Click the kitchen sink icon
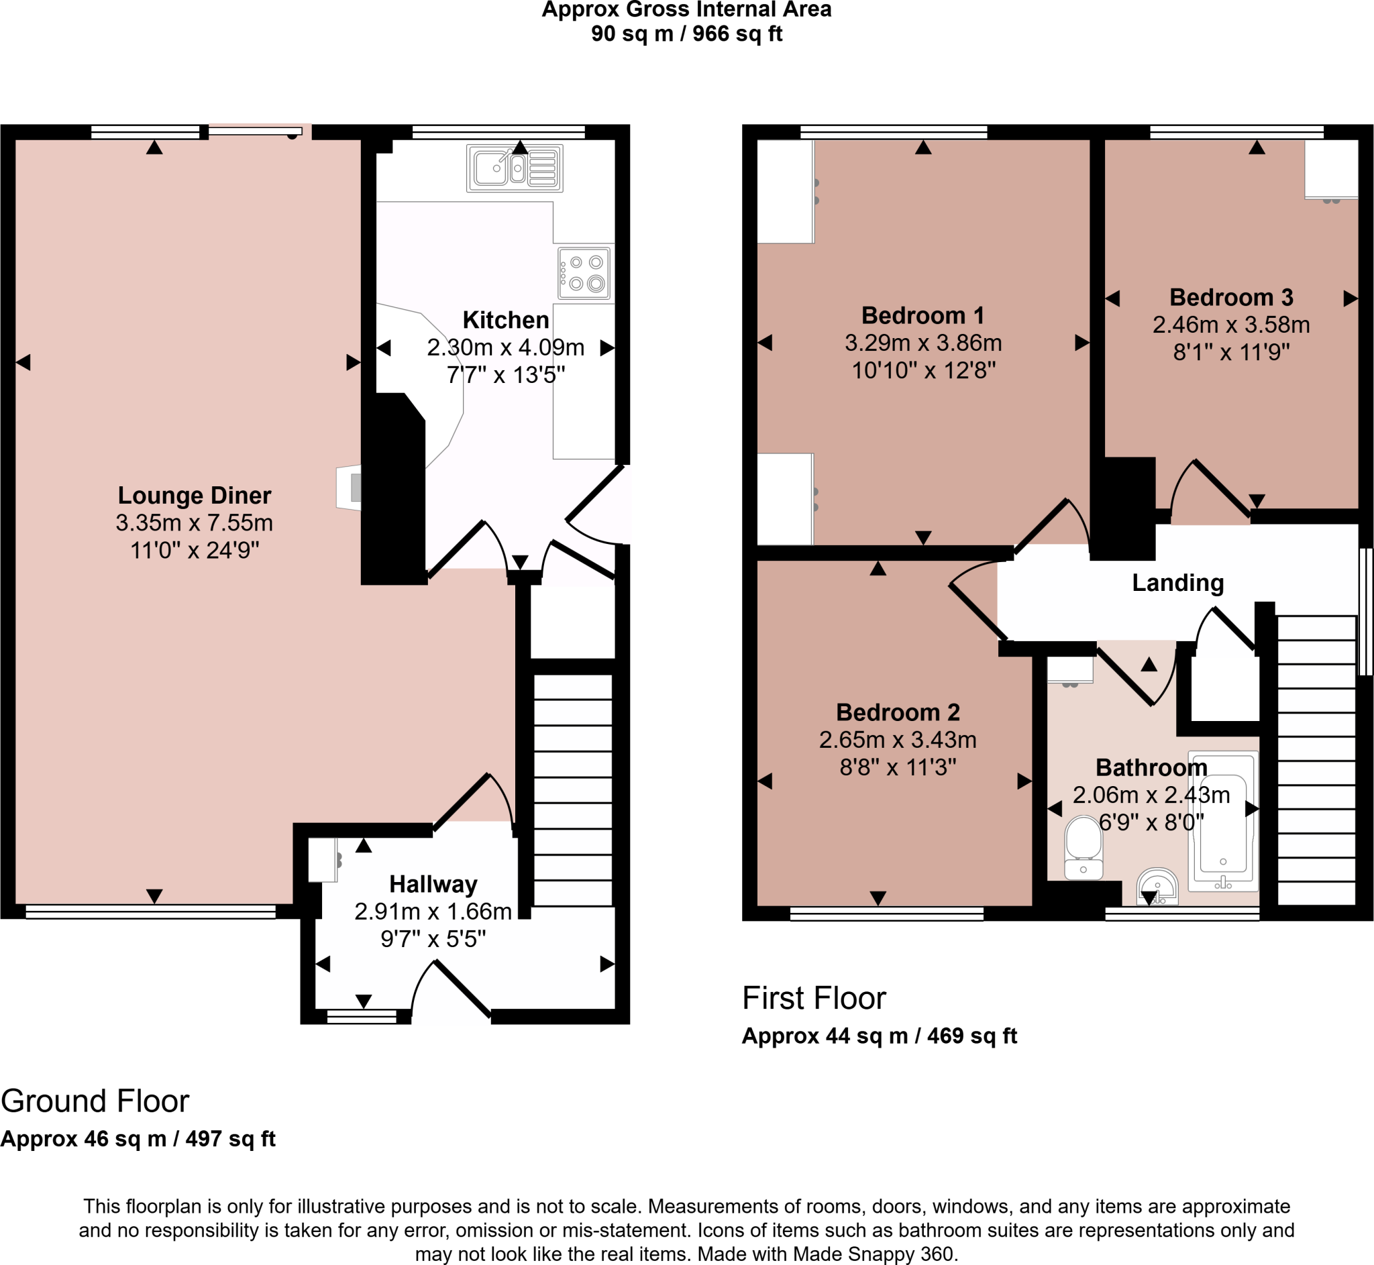coord(515,168)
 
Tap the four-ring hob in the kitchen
coord(584,273)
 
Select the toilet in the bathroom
coord(1083,848)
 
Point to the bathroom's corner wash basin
coord(1157,887)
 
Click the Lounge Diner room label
coord(195,495)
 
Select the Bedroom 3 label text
coord(1231,297)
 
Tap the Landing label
coord(1177,582)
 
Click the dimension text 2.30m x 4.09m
coord(505,347)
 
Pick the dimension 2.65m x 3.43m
coord(898,740)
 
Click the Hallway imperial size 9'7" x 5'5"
coord(433,938)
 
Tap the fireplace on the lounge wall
coord(348,488)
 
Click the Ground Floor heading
coord(95,1101)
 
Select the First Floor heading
coord(814,998)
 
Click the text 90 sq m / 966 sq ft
coord(686,34)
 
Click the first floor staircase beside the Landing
coord(1316,760)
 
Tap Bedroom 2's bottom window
coord(886,913)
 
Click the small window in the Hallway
coord(362,1018)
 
